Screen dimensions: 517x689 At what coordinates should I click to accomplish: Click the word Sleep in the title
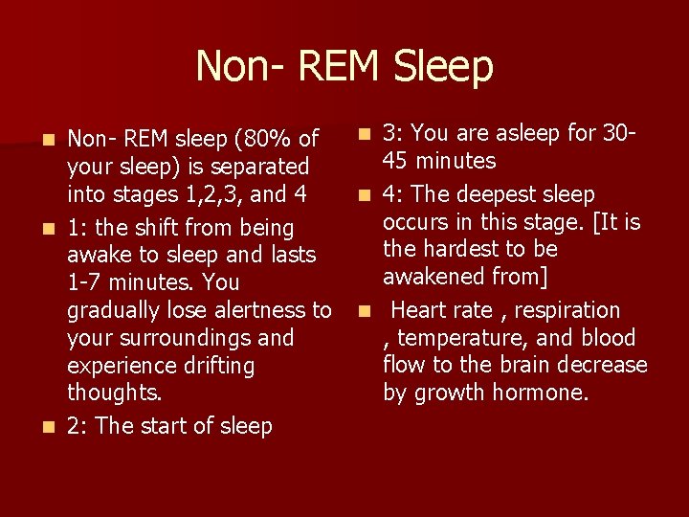point(442,67)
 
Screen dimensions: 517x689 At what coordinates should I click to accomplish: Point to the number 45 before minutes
point(398,161)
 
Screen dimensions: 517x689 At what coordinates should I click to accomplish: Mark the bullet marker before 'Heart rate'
point(364,311)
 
